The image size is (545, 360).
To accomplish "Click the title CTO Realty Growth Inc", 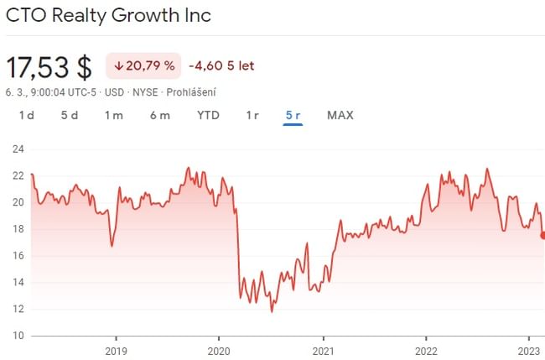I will pyautogui.click(x=108, y=15).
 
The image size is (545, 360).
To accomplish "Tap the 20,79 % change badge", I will pyautogui.click(x=143, y=65).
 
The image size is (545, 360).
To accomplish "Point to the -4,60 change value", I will pyautogui.click(x=205, y=65).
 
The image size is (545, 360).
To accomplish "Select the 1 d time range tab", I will pyautogui.click(x=27, y=115).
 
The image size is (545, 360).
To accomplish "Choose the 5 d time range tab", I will pyautogui.click(x=69, y=115).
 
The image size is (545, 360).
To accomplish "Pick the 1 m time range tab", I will pyautogui.click(x=114, y=115).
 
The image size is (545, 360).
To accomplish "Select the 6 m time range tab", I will pyautogui.click(x=160, y=115).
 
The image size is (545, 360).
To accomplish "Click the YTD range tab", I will pyautogui.click(x=208, y=115).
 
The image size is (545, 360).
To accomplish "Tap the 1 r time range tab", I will pyautogui.click(x=252, y=115).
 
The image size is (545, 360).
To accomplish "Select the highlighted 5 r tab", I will pyautogui.click(x=293, y=115).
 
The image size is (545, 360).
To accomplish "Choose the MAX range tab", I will pyautogui.click(x=340, y=115).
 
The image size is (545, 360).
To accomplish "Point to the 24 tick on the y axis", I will pyautogui.click(x=17, y=149).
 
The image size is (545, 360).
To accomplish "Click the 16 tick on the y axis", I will pyautogui.click(x=17, y=256).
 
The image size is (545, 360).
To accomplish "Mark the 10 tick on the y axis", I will pyautogui.click(x=17, y=336).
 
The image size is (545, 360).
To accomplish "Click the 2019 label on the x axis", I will pyautogui.click(x=116, y=350).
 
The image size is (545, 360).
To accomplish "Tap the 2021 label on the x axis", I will pyautogui.click(x=323, y=350).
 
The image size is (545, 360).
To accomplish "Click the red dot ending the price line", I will pyautogui.click(x=542, y=235).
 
